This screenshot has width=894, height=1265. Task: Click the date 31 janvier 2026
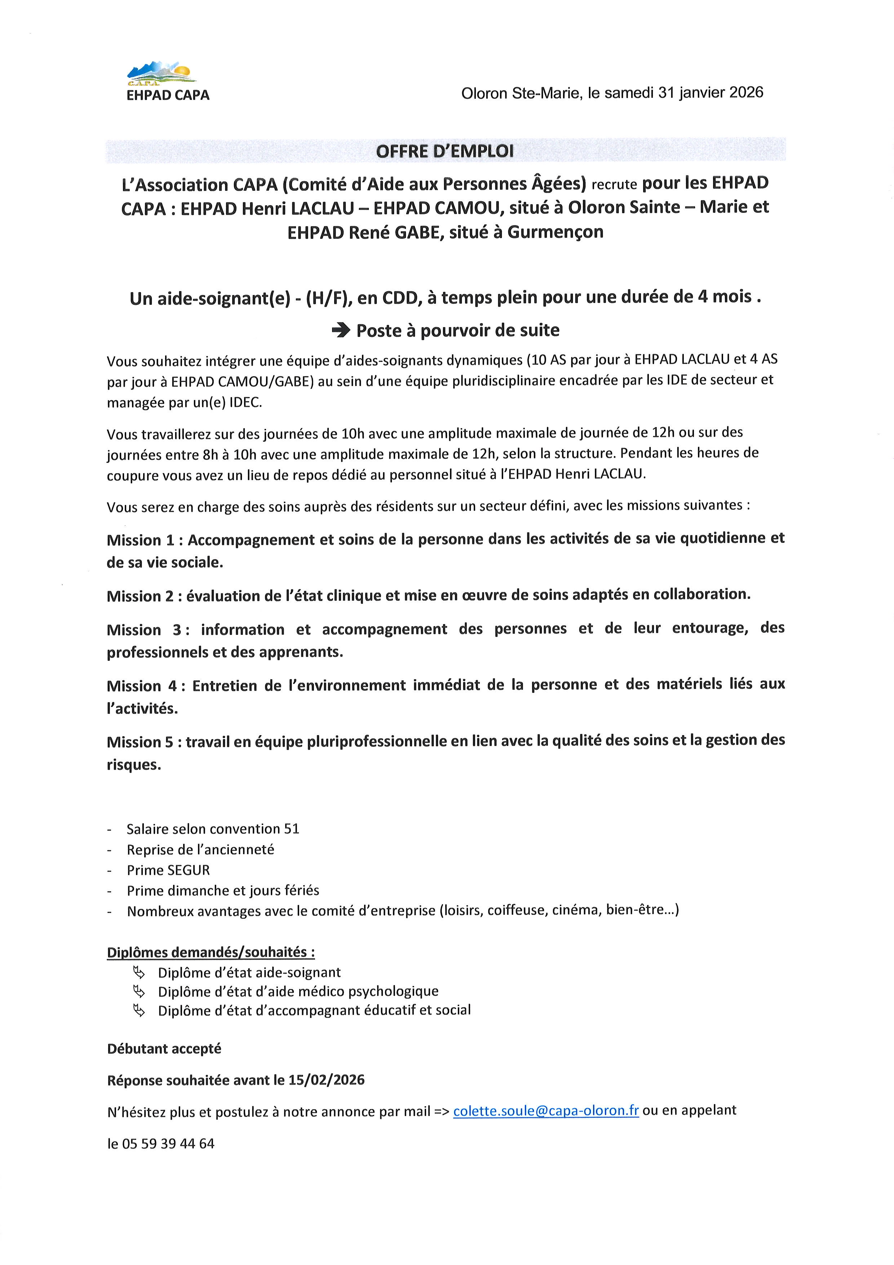(711, 93)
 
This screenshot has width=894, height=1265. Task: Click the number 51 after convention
(292, 829)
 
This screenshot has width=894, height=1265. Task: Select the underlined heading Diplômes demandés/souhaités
(211, 952)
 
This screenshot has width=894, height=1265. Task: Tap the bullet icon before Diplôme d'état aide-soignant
(139, 972)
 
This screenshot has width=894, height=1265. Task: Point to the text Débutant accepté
(164, 1049)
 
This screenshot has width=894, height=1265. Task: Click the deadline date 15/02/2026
(327, 1080)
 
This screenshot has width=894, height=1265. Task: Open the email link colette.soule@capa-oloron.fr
(545, 1111)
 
